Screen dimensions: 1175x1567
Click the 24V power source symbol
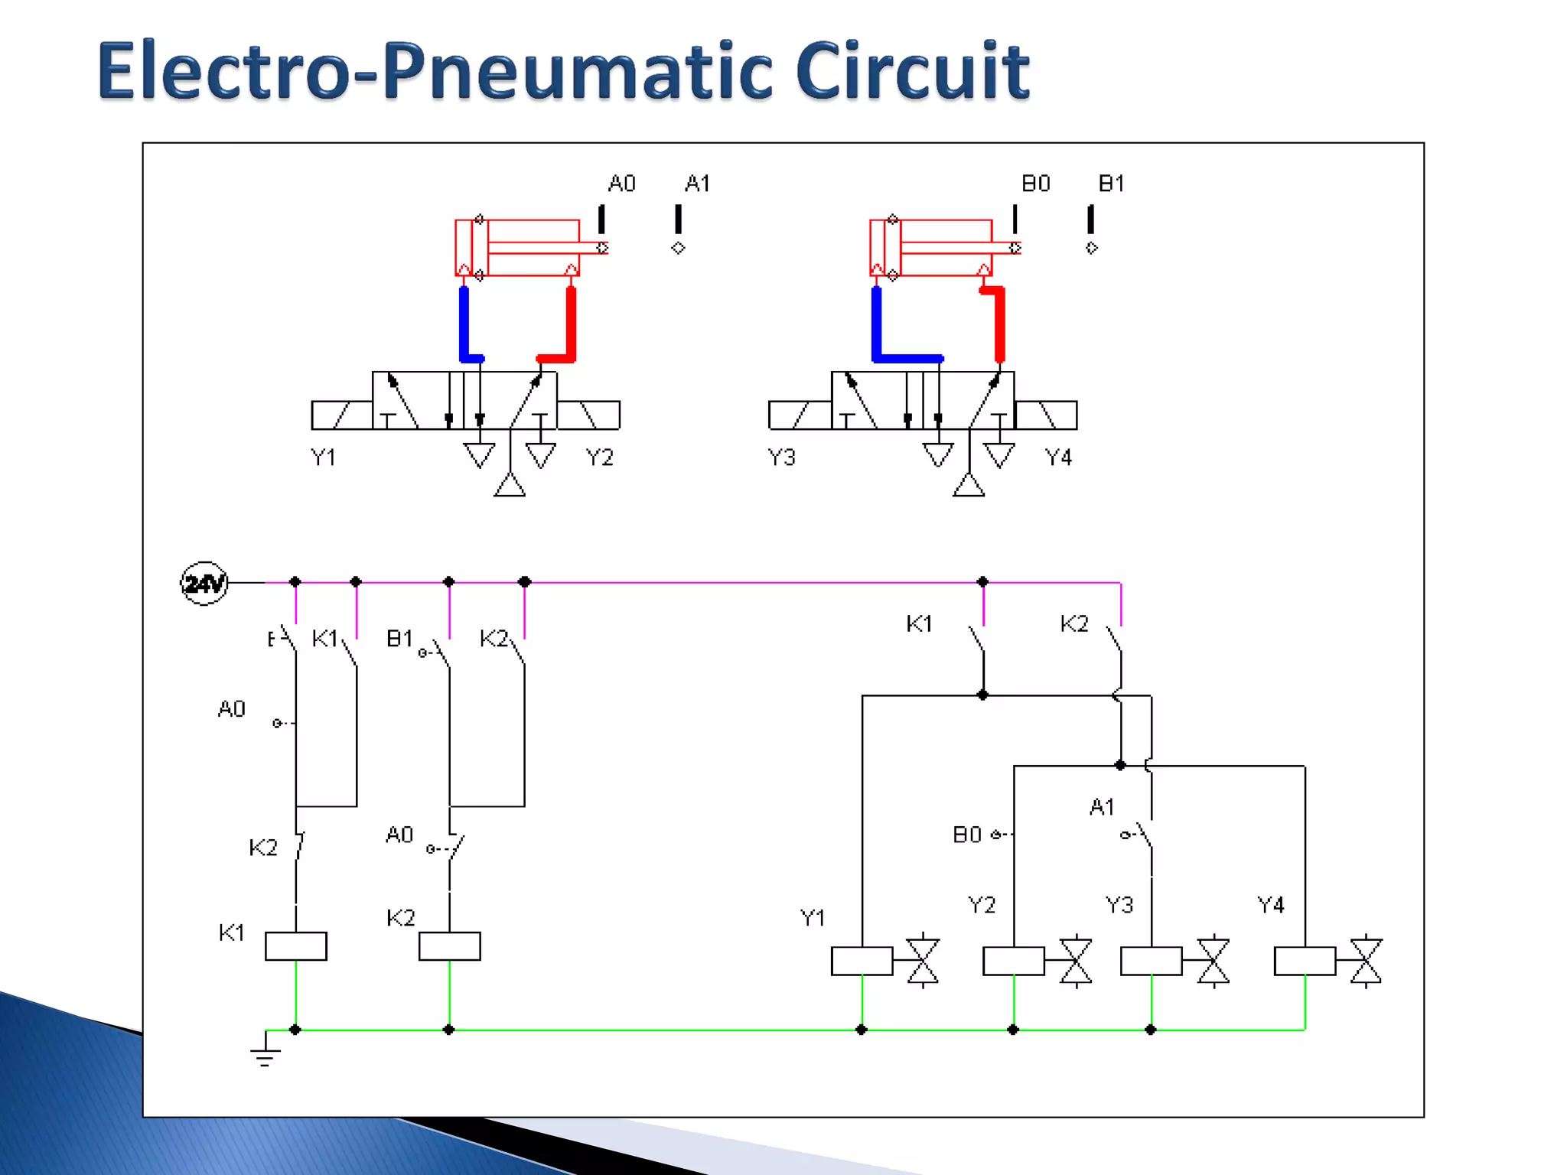[204, 584]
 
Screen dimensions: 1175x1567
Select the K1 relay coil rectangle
[296, 946]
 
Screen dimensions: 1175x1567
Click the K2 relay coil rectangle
[450, 946]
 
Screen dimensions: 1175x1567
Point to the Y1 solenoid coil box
[862, 961]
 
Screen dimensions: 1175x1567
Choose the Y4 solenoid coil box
[1305, 961]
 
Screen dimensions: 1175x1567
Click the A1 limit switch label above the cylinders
[697, 184]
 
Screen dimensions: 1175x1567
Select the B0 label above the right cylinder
[1036, 184]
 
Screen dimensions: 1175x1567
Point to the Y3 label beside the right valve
[782, 457]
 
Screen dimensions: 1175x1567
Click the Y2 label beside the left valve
[600, 457]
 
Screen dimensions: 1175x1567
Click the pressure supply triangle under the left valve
[510, 486]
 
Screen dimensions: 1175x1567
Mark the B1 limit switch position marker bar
[1091, 219]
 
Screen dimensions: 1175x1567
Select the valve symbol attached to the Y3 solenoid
[1214, 961]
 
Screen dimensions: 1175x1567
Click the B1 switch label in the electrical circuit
[399, 638]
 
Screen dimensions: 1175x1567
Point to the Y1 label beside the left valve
[323, 457]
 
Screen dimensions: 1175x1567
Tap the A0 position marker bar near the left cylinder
[601, 219]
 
